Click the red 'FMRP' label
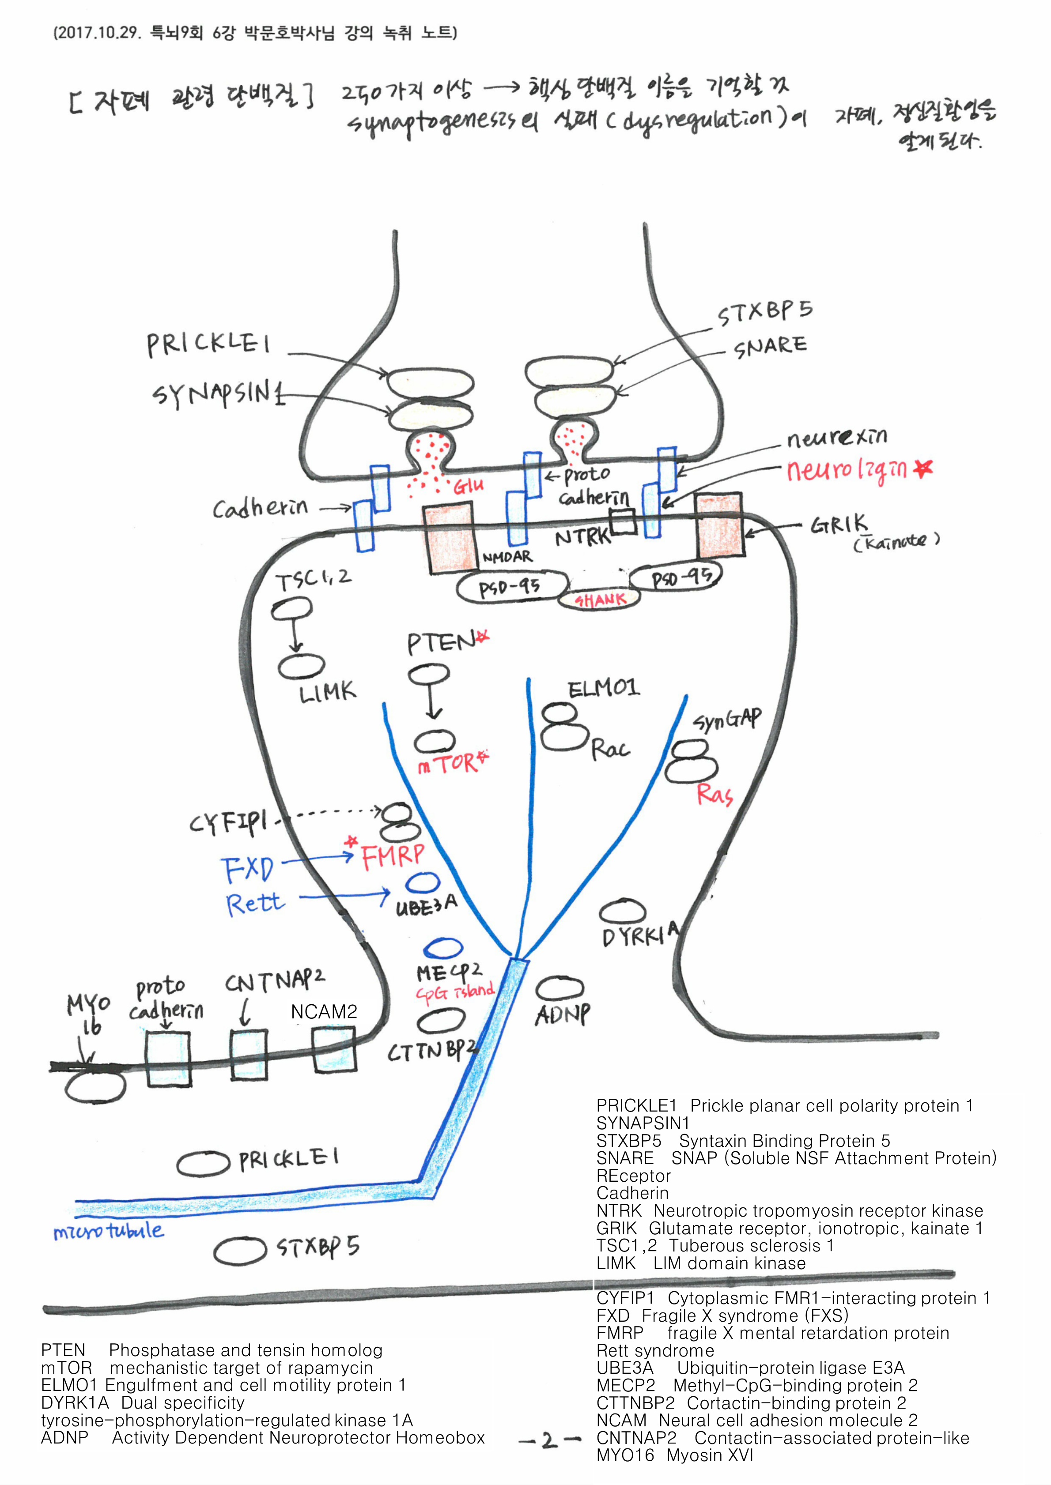393,856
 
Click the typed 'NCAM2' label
324,1012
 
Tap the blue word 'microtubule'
109,1230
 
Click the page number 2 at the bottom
549,1440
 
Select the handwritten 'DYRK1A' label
640,935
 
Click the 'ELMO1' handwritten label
603,688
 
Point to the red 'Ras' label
715,794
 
